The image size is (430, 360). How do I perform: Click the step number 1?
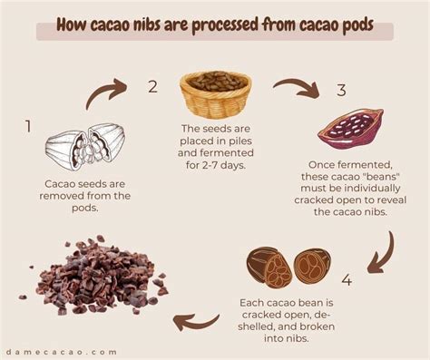[x=28, y=126]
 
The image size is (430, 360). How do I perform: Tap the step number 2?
[x=153, y=87]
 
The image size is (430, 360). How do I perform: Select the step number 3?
[x=341, y=91]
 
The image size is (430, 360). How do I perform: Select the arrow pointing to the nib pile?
[x=196, y=320]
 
